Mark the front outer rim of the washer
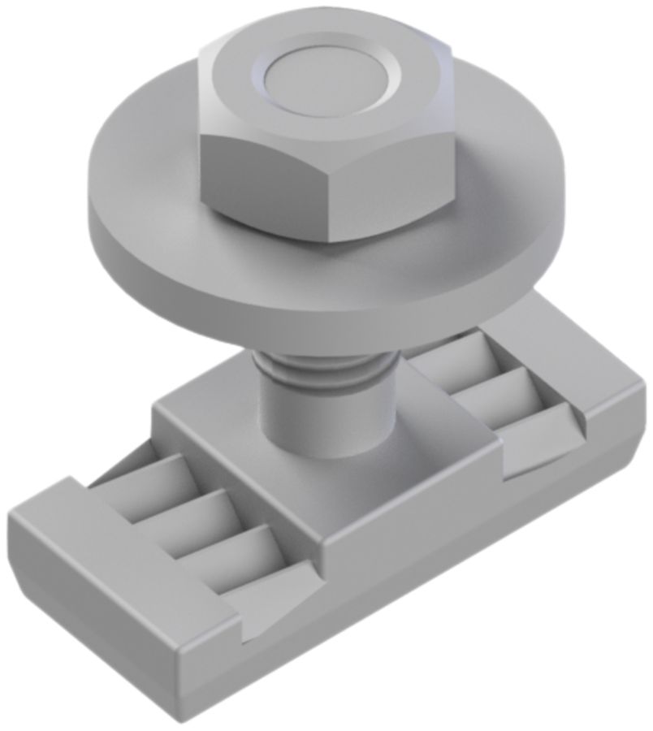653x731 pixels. tap(325, 305)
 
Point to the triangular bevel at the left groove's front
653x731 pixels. tap(276, 597)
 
